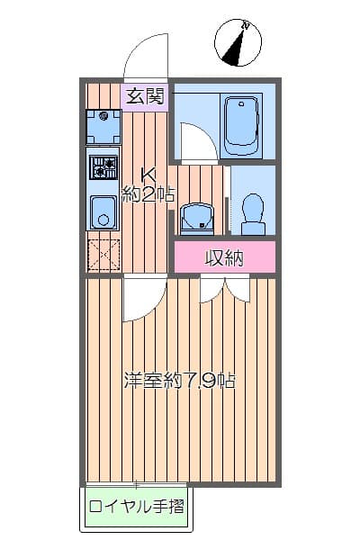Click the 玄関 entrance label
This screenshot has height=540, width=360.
click(144, 95)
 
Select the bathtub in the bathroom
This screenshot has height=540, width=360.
click(240, 125)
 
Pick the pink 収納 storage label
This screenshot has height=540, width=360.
click(224, 257)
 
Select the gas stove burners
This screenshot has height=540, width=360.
click(103, 168)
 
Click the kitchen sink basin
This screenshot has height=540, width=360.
click(103, 213)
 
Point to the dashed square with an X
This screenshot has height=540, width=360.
click(103, 255)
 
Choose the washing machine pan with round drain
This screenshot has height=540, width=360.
click(103, 127)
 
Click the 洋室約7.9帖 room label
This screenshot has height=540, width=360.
click(180, 380)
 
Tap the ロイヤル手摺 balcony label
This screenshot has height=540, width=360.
click(136, 506)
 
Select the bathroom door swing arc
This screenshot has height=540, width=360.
click(195, 139)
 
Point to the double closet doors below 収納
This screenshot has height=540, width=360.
click(224, 289)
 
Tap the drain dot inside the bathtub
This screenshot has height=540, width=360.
click(240, 107)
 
